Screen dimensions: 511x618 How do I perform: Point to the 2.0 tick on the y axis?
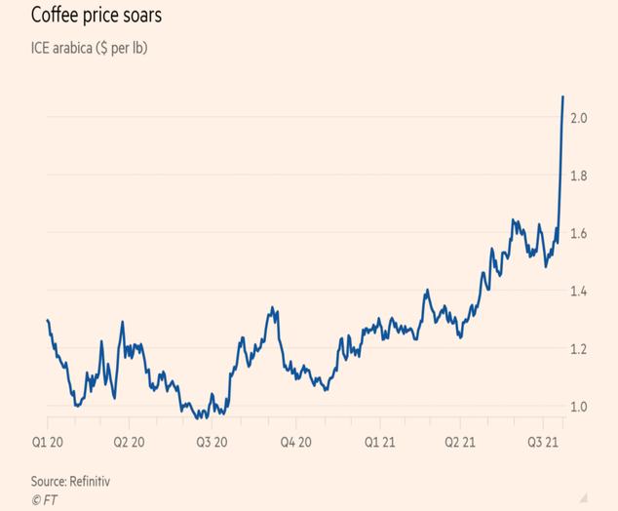[x=579, y=118]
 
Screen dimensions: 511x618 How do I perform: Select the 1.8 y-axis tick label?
[x=579, y=176]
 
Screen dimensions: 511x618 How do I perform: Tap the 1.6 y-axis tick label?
[x=579, y=233]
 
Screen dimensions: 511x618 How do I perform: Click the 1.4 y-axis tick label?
[x=579, y=291]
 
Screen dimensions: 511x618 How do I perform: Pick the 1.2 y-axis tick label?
[x=579, y=349]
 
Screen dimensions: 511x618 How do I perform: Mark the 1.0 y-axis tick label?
[x=579, y=407]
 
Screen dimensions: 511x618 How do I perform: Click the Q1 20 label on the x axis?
[x=47, y=442]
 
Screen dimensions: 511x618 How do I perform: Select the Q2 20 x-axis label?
[x=128, y=442]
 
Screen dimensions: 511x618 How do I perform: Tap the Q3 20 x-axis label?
[x=211, y=442]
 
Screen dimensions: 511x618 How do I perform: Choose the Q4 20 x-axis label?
[x=294, y=442]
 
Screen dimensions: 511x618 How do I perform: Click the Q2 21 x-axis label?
[x=460, y=442]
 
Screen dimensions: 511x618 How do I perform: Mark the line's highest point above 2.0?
[x=563, y=97]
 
